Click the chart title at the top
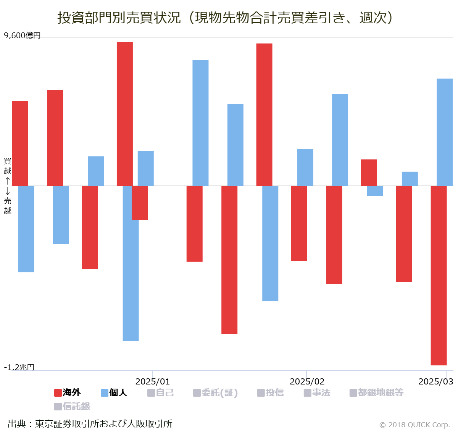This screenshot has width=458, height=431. (x=225, y=18)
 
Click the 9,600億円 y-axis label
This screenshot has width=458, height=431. (x=22, y=35)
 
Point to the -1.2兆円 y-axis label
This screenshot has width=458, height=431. (x=19, y=367)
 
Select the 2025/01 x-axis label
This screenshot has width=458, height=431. (x=153, y=381)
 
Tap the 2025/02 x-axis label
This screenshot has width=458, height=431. (x=307, y=381)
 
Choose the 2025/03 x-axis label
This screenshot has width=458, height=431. (x=435, y=381)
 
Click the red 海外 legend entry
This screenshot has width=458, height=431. (x=68, y=392)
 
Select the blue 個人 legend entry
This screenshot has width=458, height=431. (x=114, y=392)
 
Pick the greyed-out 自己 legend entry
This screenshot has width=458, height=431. (x=160, y=392)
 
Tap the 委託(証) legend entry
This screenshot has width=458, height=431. (x=215, y=392)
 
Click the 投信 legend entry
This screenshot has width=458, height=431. (x=271, y=392)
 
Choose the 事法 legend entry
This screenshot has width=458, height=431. (x=317, y=392)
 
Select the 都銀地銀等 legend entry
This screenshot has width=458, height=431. (x=376, y=392)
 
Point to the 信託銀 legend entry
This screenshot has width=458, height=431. (x=72, y=406)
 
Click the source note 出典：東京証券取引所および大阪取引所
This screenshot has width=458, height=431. (x=90, y=424)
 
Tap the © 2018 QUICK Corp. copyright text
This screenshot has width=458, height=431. (x=414, y=425)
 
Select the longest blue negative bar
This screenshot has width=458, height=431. (x=131, y=263)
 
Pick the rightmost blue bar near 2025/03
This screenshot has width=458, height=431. (x=445, y=132)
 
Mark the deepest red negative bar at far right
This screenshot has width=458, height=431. (x=439, y=275)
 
